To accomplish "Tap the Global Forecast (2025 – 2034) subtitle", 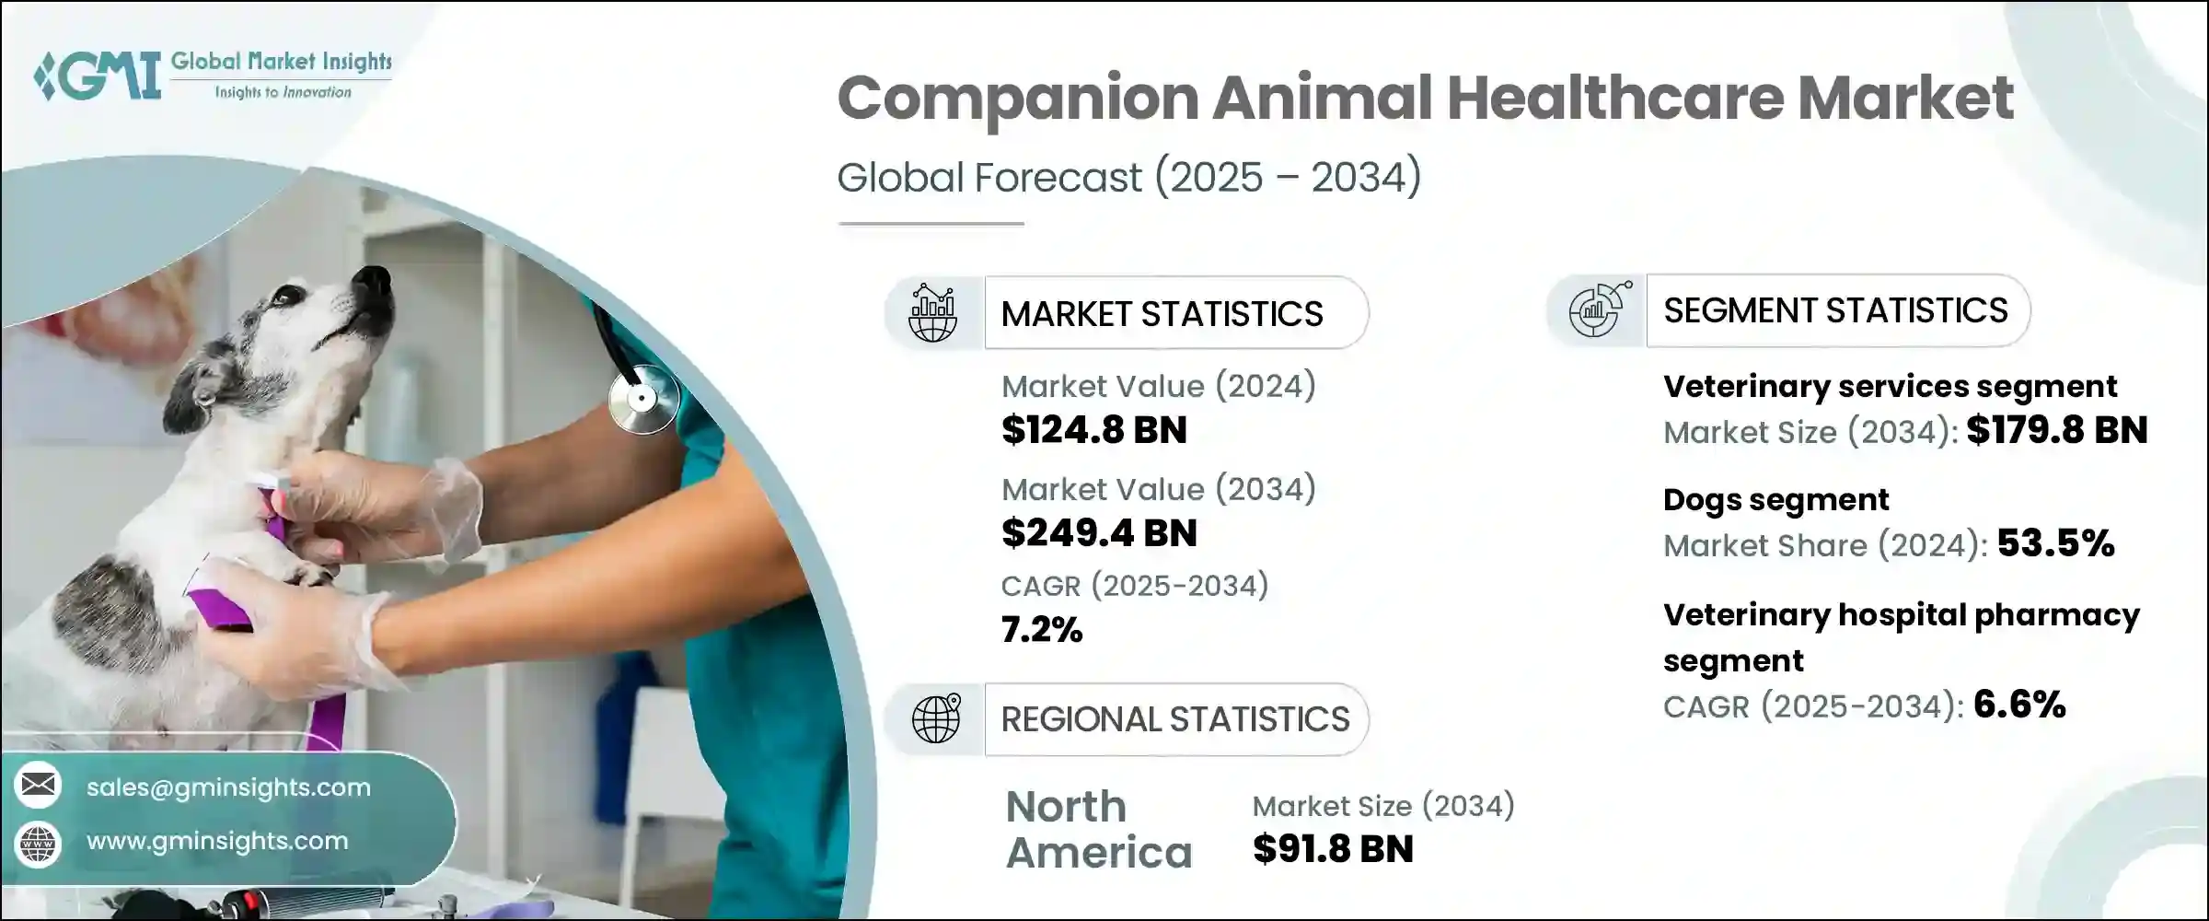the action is point(1129,177).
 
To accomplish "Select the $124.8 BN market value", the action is point(1094,430).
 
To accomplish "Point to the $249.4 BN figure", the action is point(1099,533).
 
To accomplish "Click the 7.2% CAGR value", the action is point(1042,630).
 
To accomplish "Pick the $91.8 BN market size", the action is point(1333,849).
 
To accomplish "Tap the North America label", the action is point(1099,830).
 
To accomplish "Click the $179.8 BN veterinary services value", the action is point(2057,430).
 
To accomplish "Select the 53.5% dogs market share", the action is point(2055,543).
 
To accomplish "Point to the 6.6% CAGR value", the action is point(2020,705).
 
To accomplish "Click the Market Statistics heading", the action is point(1162,314).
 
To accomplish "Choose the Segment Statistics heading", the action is point(1835,310).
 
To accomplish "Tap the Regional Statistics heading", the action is point(1175,719).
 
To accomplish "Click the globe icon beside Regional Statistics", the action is point(936,718).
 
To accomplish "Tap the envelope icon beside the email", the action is point(38,785).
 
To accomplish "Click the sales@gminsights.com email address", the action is point(228,787).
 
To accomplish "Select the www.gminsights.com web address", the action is point(217,841).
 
